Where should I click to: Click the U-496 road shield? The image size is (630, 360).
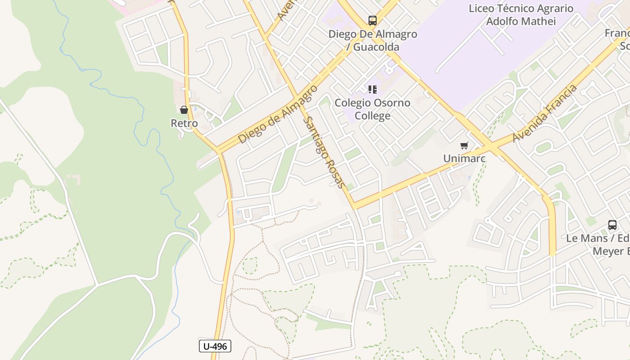click(x=215, y=346)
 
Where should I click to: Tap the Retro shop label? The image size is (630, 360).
click(x=184, y=123)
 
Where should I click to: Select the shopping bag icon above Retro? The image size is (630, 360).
click(x=184, y=110)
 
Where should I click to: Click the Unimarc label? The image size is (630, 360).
click(x=464, y=158)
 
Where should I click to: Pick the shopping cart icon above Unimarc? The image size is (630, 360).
click(x=464, y=145)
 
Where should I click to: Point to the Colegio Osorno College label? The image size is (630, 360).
click(x=373, y=109)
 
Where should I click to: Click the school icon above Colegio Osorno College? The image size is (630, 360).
click(x=372, y=90)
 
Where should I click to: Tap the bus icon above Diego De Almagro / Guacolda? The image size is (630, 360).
click(x=372, y=20)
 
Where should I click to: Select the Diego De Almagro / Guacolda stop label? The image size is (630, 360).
click(x=373, y=40)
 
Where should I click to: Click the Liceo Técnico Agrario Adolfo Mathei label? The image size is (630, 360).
click(x=521, y=15)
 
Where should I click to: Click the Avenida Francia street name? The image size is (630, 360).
click(x=544, y=113)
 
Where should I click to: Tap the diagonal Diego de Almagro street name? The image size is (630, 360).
click(x=278, y=114)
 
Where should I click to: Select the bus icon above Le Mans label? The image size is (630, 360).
click(x=612, y=225)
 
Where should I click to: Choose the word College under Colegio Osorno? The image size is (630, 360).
click(x=373, y=116)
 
